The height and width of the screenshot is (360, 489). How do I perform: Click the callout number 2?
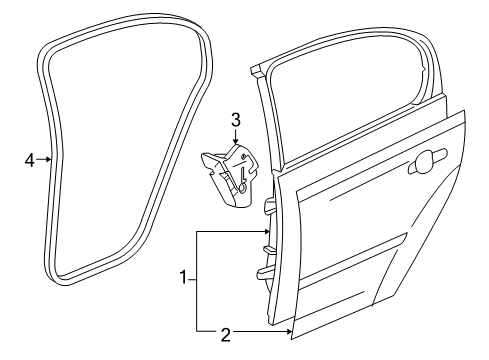[225, 334]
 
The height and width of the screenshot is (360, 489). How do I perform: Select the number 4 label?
[30, 158]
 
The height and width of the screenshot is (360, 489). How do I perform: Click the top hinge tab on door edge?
[267, 208]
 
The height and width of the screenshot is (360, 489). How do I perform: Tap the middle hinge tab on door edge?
[267, 240]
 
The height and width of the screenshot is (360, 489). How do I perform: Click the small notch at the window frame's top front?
[260, 70]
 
